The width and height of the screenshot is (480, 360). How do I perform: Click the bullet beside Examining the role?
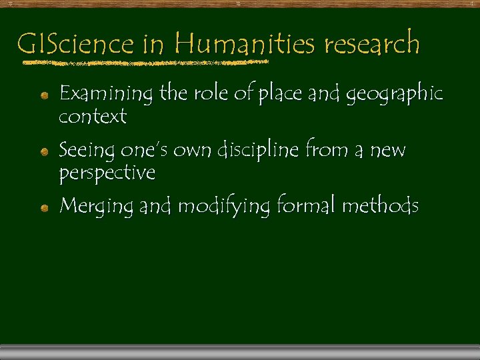coord(43,96)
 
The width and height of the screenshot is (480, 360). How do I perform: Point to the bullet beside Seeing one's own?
coord(43,153)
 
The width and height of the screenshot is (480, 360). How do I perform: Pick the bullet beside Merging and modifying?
coord(43,209)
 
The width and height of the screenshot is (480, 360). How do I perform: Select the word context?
coord(93,117)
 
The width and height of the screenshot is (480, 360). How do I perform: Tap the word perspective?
coord(107,173)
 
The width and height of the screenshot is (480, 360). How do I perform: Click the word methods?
coord(380,206)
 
